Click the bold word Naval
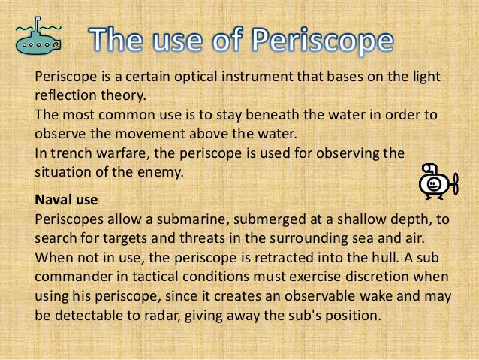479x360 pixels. (54, 199)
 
